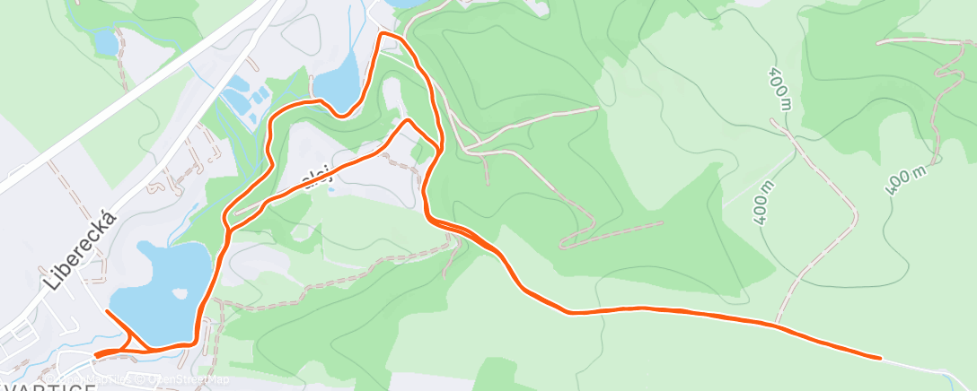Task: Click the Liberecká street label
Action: (81, 249)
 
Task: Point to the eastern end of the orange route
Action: (879, 358)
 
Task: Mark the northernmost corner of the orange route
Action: (383, 34)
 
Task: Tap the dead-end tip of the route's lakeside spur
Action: (107, 311)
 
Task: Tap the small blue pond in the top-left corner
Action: (106, 40)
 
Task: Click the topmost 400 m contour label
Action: (779, 88)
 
